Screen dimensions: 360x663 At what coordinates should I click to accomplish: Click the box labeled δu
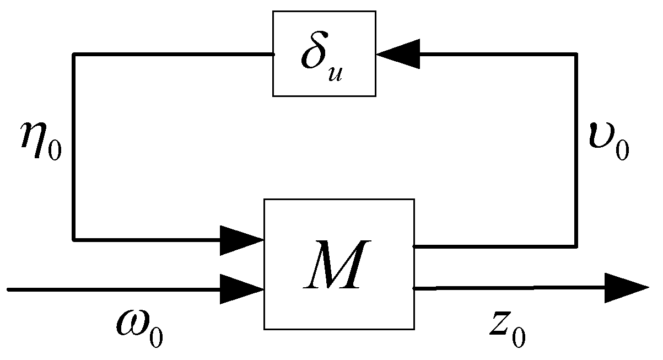click(325, 53)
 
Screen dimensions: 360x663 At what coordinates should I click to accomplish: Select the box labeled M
click(339, 264)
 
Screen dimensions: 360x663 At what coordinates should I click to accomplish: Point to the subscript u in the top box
click(336, 73)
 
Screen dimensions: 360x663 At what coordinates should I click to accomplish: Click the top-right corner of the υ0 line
click(576, 54)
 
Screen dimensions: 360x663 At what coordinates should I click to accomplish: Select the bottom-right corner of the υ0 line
click(576, 246)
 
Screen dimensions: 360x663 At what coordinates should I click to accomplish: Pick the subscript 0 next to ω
click(157, 334)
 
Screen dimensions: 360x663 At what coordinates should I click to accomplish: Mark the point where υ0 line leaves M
click(415, 246)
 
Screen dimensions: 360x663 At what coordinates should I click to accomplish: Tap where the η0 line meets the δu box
click(273, 54)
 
